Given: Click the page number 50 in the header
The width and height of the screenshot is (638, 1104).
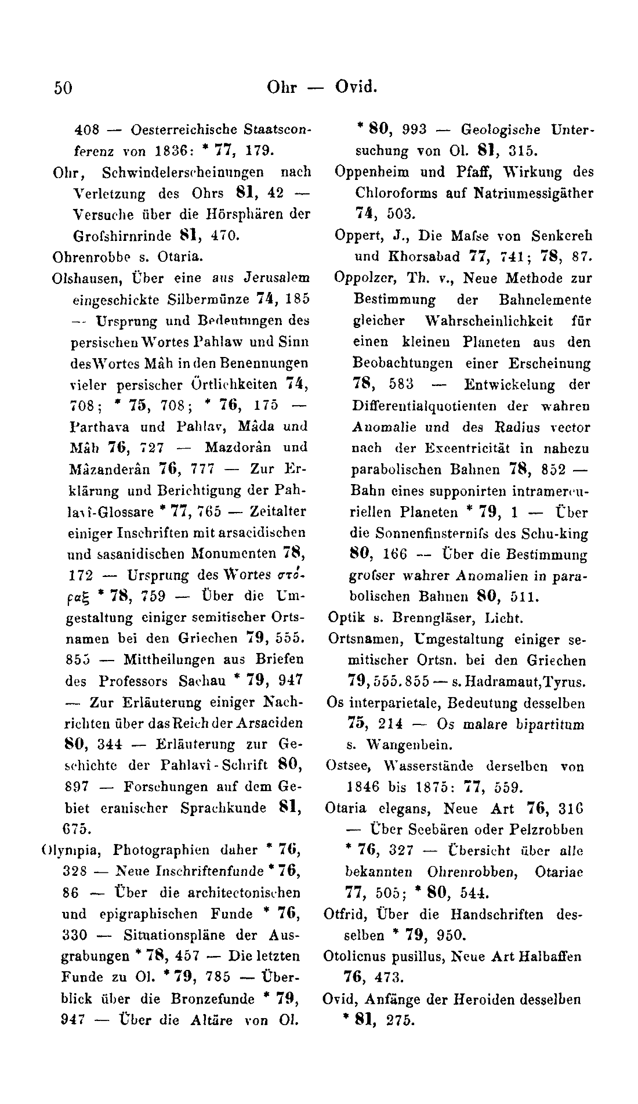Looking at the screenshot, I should pyautogui.click(x=63, y=88).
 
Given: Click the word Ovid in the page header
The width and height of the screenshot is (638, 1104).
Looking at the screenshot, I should pyautogui.click(x=356, y=87).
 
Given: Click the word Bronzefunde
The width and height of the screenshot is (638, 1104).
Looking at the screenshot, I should pyautogui.click(x=213, y=999).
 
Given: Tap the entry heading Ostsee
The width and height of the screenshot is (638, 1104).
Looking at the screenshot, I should pyautogui.click(x=345, y=766).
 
